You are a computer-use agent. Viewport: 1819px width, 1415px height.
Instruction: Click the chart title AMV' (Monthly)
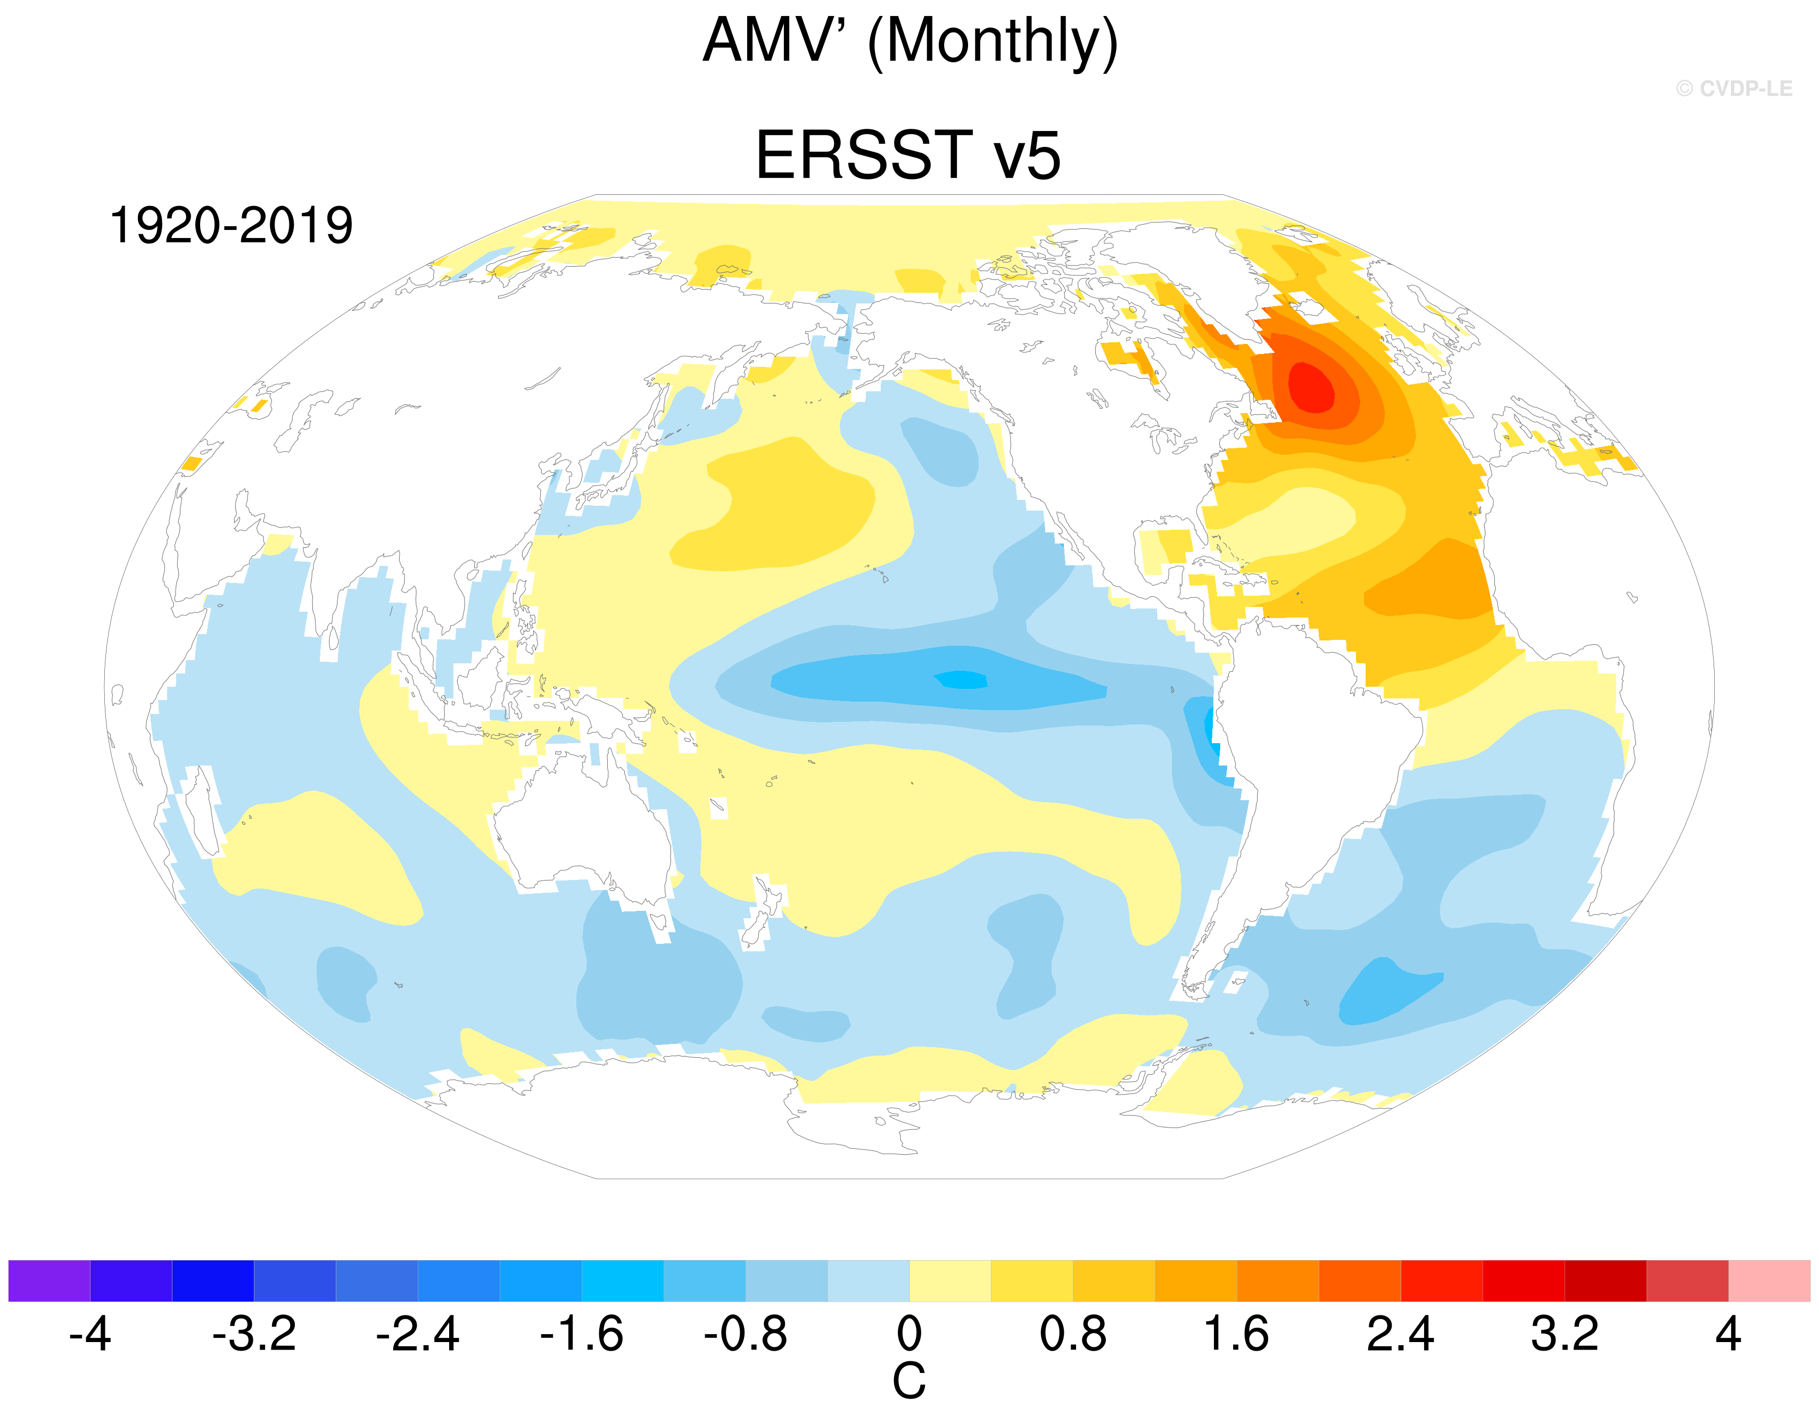[x=909, y=42]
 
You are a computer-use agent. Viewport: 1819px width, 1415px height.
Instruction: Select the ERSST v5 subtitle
[x=908, y=156]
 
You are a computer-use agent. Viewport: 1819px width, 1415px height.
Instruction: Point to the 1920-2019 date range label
[x=231, y=226]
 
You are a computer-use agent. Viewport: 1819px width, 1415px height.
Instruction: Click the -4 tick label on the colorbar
[x=90, y=1334]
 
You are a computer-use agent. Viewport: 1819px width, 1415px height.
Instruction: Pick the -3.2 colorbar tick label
[x=254, y=1334]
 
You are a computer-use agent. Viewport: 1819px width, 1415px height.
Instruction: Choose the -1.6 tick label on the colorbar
[x=581, y=1334]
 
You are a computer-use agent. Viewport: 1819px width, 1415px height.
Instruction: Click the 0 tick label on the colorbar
[x=909, y=1334]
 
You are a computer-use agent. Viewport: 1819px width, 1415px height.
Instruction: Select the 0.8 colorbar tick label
[x=1073, y=1334]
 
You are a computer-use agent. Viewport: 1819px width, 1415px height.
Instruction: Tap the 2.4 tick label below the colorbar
[x=1400, y=1334]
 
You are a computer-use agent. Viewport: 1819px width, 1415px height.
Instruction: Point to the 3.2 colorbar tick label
[x=1564, y=1334]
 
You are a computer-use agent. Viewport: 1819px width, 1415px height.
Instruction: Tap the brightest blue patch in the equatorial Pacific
[x=962, y=680]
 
